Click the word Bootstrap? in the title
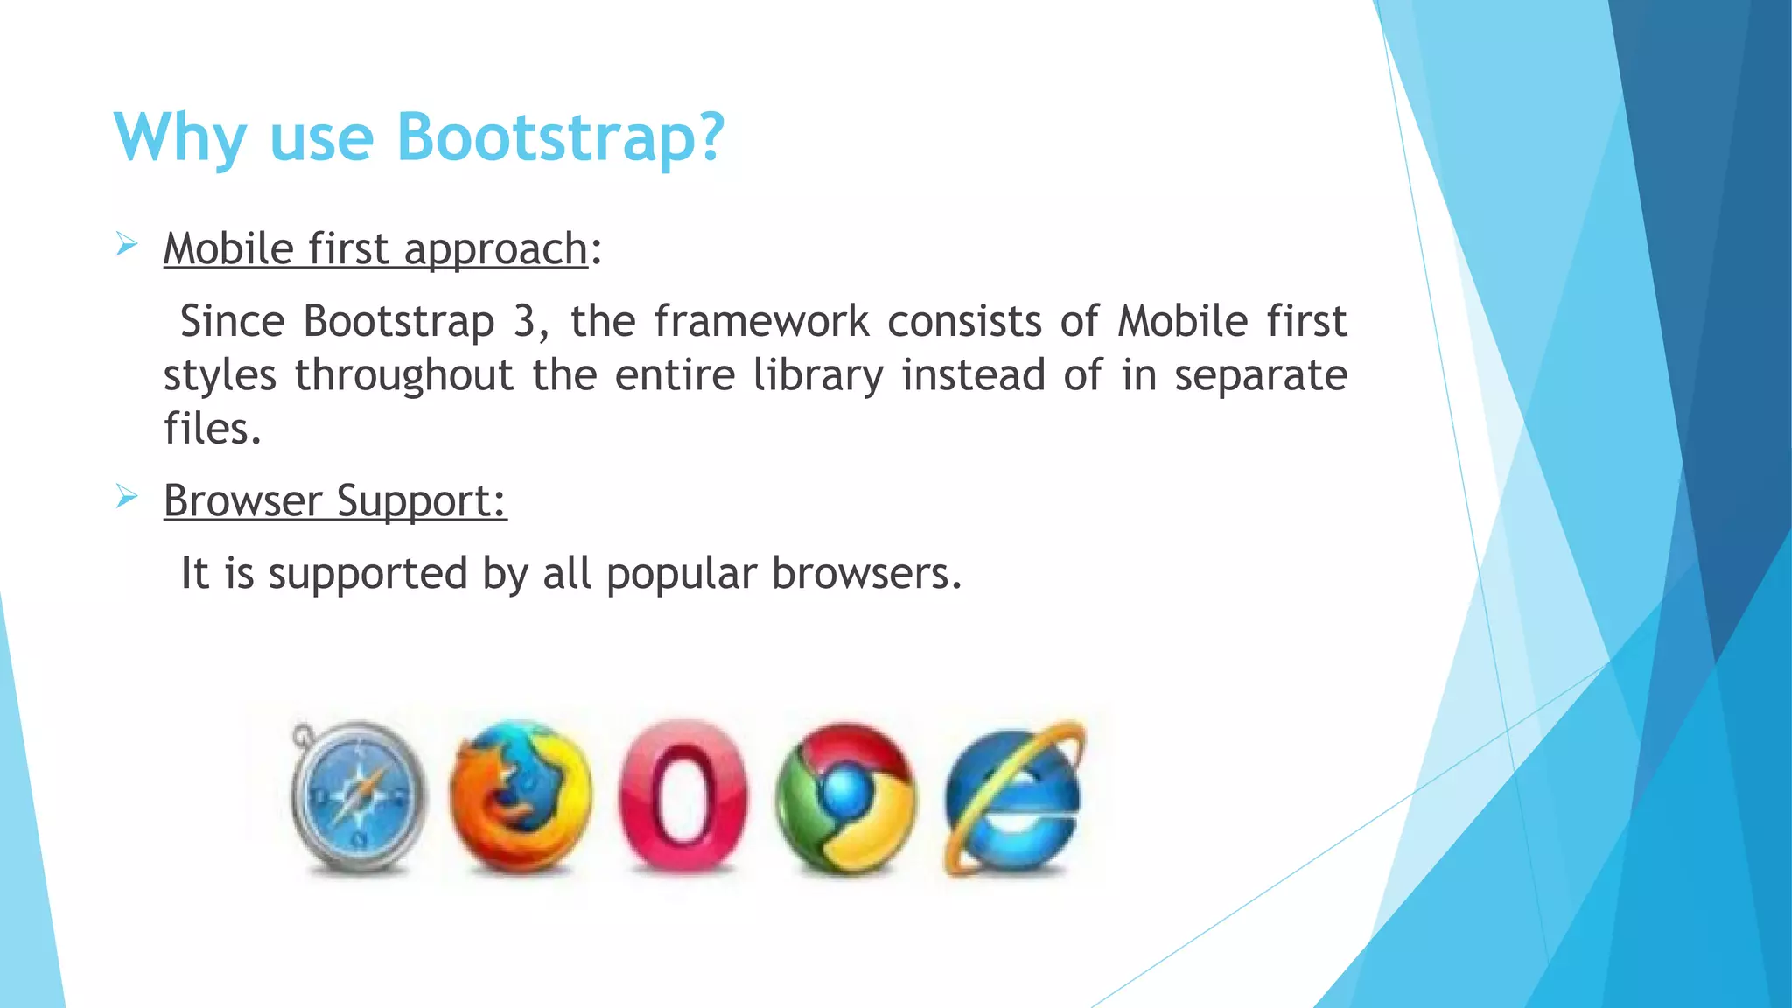(560, 137)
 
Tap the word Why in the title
(180, 137)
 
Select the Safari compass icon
(358, 796)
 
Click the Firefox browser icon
(520, 796)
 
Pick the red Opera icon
(682, 796)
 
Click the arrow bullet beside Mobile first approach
(127, 245)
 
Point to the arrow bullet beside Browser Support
(127, 498)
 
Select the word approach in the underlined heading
(495, 250)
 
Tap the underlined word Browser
(242, 500)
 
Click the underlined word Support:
(421, 502)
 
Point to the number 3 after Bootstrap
(524, 321)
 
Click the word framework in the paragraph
(761, 321)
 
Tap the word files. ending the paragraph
(212, 429)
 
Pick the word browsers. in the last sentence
(866, 574)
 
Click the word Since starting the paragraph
(232, 321)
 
